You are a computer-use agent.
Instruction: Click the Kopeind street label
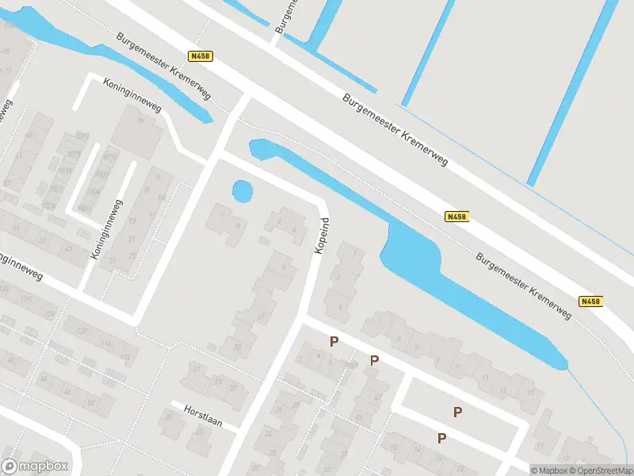pyautogui.click(x=321, y=236)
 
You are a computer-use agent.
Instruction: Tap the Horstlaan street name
pyautogui.click(x=200, y=413)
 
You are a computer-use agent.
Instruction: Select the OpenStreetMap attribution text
pyautogui.click(x=600, y=470)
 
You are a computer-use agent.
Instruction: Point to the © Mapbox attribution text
pyautogui.click(x=548, y=470)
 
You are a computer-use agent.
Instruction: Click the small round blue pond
pyautogui.click(x=243, y=191)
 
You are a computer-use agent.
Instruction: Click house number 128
pyautogui.click(x=25, y=300)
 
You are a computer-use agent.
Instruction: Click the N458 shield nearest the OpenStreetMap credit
pyautogui.click(x=590, y=301)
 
